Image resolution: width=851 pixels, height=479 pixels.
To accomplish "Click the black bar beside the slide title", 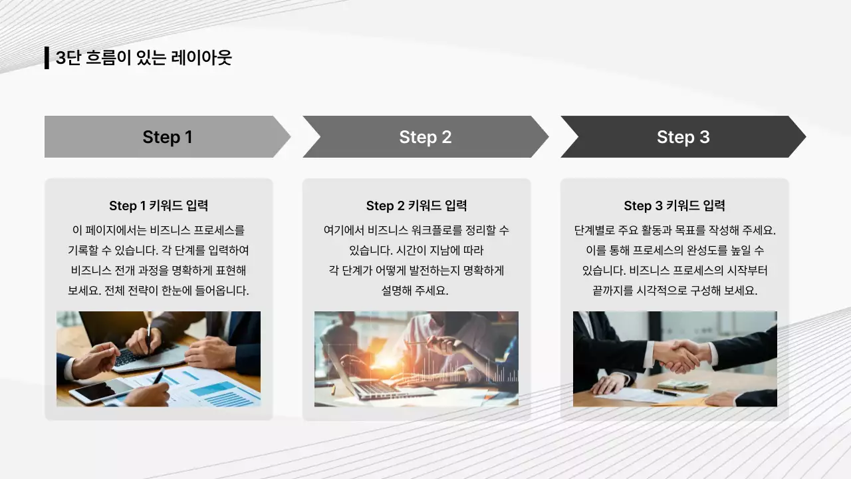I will (x=47, y=58).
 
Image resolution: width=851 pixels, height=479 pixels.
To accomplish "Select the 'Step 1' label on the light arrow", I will (x=167, y=137).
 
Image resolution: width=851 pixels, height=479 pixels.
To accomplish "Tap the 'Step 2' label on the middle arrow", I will (x=425, y=137).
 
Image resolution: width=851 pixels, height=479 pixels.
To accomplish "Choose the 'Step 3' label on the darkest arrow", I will (x=683, y=137).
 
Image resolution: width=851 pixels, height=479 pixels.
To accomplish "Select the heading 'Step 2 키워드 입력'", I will (x=416, y=206).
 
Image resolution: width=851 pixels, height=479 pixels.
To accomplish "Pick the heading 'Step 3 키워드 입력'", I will (x=674, y=206).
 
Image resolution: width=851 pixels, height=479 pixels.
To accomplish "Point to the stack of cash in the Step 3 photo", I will (x=683, y=385).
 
